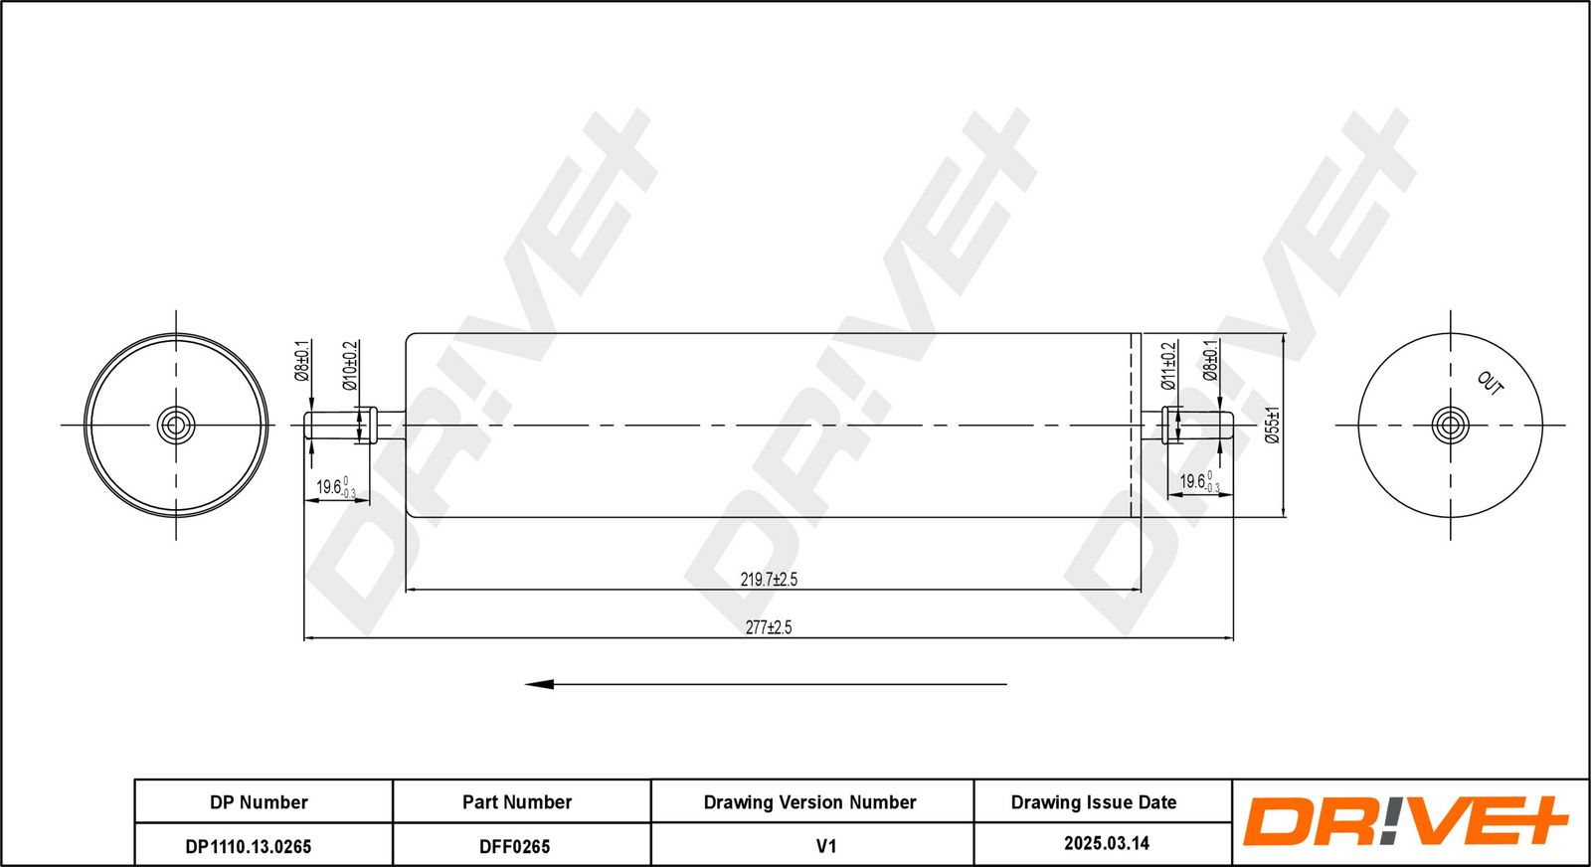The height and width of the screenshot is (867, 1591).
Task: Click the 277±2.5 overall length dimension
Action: (769, 627)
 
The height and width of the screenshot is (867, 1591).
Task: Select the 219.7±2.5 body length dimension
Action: (769, 580)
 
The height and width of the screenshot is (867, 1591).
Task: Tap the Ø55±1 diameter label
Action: (1272, 426)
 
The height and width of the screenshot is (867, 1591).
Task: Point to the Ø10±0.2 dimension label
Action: (349, 365)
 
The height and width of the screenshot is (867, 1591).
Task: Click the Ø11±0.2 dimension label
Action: (1168, 366)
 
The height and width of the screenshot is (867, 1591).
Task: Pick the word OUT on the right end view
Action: (1491, 384)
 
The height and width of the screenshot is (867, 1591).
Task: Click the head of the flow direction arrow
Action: (539, 684)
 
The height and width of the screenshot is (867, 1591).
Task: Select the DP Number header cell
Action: (259, 802)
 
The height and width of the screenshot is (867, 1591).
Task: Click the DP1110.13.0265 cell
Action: (248, 846)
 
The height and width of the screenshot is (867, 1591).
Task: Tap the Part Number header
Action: (517, 802)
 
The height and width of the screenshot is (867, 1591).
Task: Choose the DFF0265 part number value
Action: (514, 846)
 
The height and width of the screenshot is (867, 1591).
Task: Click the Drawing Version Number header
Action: (809, 802)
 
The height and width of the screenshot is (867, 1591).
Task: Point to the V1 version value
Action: (826, 846)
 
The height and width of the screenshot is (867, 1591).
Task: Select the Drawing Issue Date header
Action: (1094, 802)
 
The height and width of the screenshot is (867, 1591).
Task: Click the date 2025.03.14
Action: (1107, 843)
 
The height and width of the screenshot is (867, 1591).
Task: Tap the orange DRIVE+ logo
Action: (1405, 821)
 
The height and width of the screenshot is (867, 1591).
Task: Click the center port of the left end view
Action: (175, 426)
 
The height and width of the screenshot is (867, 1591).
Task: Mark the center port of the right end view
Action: (1451, 426)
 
